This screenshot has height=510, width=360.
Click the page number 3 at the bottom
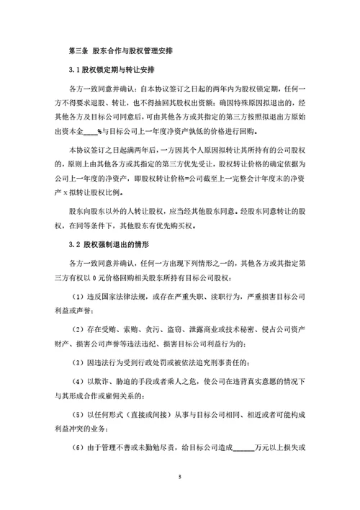180,477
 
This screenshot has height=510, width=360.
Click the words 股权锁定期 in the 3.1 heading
102,71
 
